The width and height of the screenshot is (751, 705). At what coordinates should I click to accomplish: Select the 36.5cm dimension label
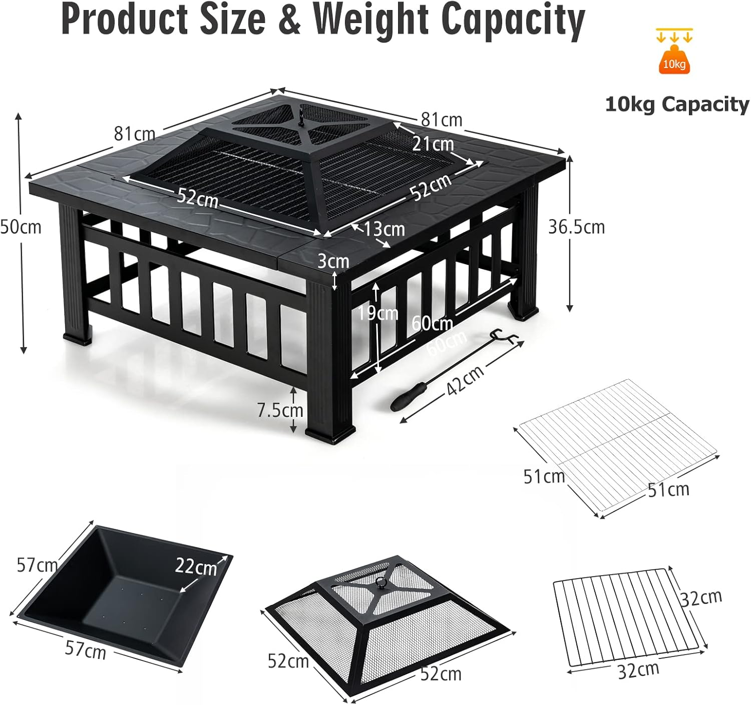coord(576,227)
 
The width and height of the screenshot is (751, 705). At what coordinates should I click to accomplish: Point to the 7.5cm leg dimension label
coord(280,410)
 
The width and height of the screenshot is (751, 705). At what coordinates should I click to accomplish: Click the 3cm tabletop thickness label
coord(333,261)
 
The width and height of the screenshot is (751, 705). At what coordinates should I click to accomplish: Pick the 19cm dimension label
coord(378,313)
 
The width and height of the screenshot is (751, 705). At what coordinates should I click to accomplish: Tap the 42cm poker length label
coord(465,379)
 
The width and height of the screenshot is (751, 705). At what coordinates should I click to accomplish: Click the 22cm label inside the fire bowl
coord(196,566)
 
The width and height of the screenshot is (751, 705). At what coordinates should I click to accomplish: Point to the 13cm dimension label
coord(384,229)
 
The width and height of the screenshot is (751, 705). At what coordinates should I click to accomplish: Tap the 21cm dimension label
coord(433,144)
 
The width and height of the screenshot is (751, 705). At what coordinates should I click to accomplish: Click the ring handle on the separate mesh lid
coord(382,583)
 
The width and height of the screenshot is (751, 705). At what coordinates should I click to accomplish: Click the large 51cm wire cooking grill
coord(618,445)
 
